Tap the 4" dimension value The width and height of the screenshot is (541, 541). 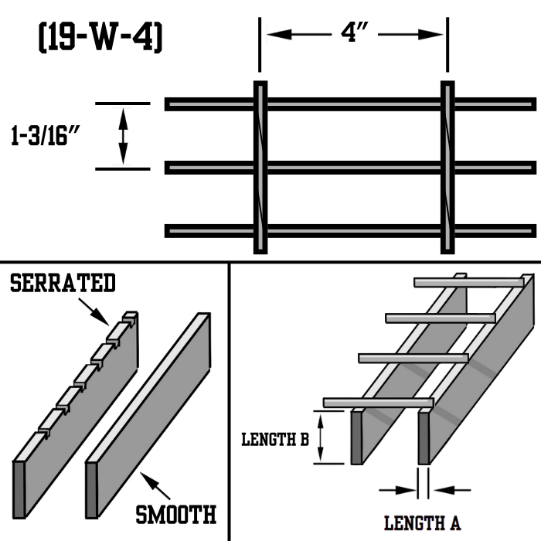352,35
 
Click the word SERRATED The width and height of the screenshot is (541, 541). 63,283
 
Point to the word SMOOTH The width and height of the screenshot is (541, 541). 175,513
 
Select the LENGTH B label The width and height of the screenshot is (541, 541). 275,439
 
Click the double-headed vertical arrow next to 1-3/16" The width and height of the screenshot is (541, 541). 122,136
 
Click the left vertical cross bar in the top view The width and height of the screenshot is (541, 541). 260,167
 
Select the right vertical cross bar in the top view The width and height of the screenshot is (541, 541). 447,167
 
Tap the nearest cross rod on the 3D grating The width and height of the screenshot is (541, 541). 378,403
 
